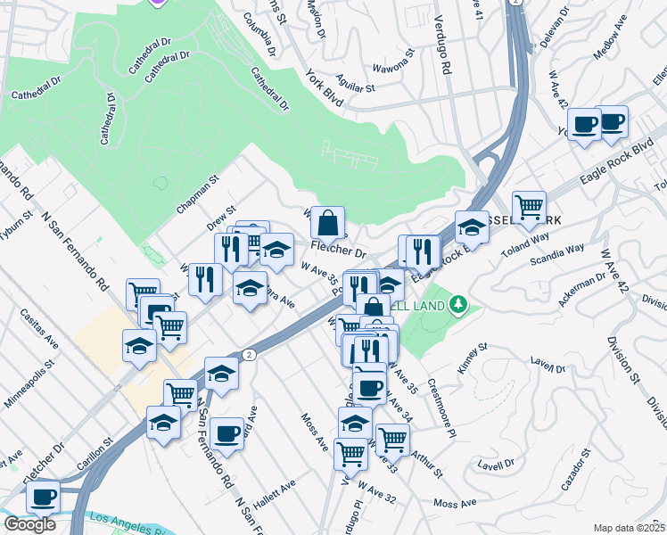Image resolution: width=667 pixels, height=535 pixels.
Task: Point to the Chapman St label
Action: pyautogui.click(x=198, y=193)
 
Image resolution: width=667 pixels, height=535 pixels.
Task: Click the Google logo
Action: pyautogui.click(x=29, y=524)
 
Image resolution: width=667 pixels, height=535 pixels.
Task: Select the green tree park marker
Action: pyautogui.click(x=458, y=305)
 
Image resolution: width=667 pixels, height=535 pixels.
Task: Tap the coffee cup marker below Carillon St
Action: pyautogui.click(x=42, y=496)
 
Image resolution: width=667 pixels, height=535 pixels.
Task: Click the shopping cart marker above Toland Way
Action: pyautogui.click(x=530, y=206)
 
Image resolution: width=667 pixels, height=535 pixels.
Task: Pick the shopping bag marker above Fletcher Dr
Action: pyautogui.click(x=327, y=222)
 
